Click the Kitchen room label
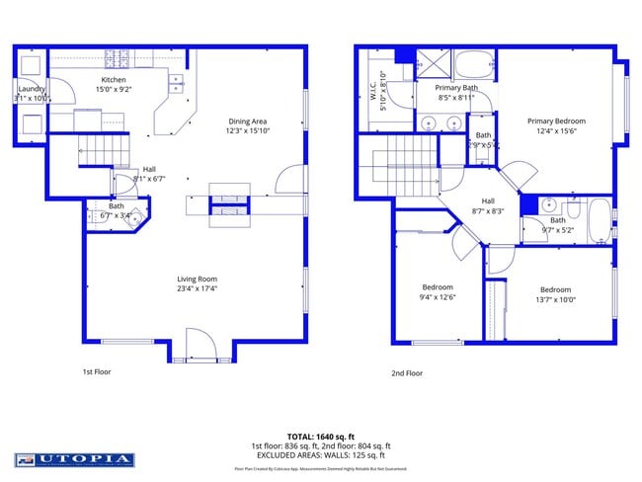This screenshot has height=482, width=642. (114, 79)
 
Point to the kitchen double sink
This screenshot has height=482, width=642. (176, 83)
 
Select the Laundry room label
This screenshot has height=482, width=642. (31, 89)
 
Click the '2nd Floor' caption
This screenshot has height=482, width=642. (406, 373)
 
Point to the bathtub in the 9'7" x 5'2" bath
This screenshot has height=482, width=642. (599, 221)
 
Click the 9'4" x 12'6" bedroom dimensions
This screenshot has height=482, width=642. (438, 296)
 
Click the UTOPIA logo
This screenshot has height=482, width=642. (73, 459)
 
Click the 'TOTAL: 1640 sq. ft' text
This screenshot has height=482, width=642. (320, 436)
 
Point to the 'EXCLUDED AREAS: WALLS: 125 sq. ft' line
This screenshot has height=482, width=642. (320, 455)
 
